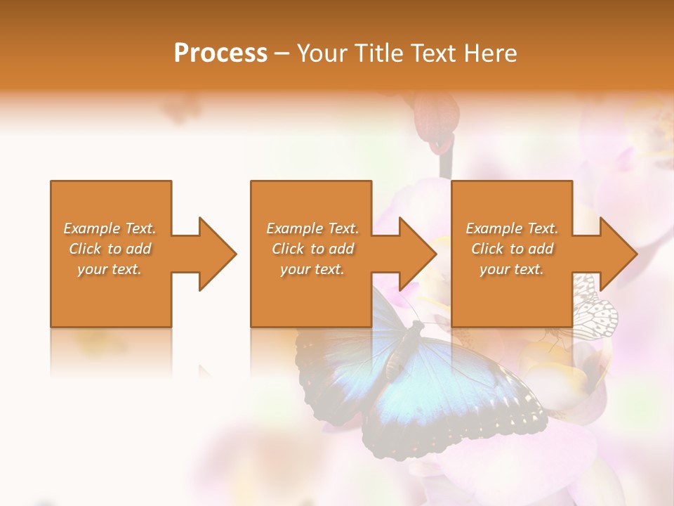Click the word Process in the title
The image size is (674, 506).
click(x=220, y=53)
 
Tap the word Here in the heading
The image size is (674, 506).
click(x=489, y=53)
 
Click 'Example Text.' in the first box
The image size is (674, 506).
click(x=110, y=228)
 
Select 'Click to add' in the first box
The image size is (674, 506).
click(x=110, y=249)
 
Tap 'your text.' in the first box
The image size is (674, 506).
click(x=110, y=269)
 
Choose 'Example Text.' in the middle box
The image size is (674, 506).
click(x=312, y=228)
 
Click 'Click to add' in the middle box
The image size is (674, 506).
click(x=312, y=249)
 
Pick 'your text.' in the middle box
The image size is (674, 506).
click(x=312, y=269)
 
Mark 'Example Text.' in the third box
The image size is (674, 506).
click(x=512, y=228)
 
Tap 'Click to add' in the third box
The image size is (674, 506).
click(x=512, y=249)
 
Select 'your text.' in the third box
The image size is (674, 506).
click(x=512, y=269)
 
